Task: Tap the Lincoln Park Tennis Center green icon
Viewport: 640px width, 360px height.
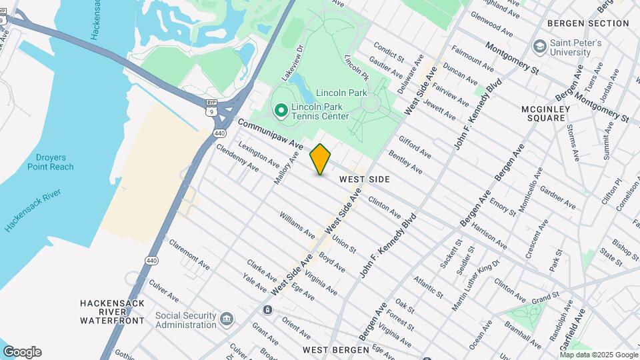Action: coord(281,110)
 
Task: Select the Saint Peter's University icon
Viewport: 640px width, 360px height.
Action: coord(539,47)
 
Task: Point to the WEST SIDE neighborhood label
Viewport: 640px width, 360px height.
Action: coord(364,179)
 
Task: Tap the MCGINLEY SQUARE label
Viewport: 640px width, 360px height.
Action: coord(543,113)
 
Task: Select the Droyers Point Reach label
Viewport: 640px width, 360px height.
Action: coord(51,162)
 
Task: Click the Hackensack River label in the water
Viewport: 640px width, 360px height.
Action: coord(33,210)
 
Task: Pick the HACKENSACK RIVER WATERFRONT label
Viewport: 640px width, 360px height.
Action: coord(112,311)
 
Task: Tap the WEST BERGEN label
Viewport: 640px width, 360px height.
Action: coord(335,349)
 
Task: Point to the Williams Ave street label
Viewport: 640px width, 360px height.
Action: coord(297,225)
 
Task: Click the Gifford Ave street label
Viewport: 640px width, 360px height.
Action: coord(415,148)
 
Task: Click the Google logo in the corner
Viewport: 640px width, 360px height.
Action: coord(22,352)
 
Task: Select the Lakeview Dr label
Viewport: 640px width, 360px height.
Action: coord(292,63)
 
